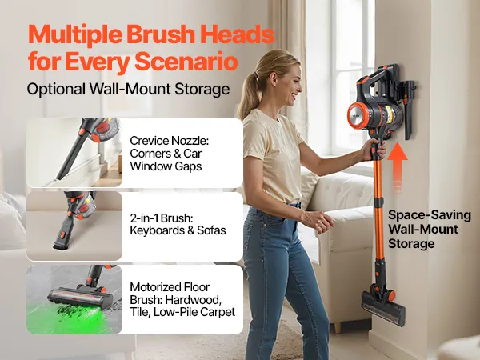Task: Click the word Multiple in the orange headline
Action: click(x=75, y=35)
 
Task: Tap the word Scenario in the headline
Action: click(x=186, y=62)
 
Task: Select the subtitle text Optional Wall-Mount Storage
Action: click(x=128, y=90)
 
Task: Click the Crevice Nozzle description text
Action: click(x=170, y=154)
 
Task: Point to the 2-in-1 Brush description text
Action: click(x=178, y=224)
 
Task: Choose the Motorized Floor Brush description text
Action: click(x=182, y=299)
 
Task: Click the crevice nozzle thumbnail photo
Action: click(x=74, y=153)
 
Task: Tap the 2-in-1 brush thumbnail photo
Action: click(x=74, y=226)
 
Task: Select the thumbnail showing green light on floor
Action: click(x=74, y=299)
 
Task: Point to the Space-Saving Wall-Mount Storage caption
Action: click(x=429, y=230)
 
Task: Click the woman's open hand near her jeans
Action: click(x=318, y=221)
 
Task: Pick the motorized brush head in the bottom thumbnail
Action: click(x=80, y=298)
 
